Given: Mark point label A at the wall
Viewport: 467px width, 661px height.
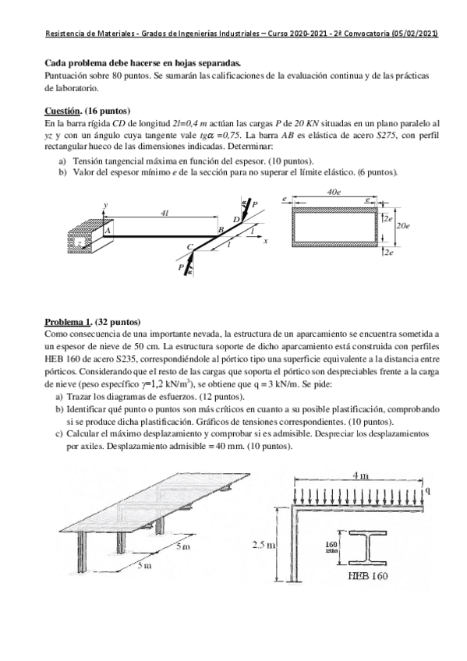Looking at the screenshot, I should tap(108, 230).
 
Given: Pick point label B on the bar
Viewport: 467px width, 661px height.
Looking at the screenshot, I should tap(221, 229).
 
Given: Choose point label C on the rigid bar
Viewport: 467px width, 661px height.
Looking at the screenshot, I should tap(189, 247).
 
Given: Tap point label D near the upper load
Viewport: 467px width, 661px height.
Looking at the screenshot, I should tap(236, 219).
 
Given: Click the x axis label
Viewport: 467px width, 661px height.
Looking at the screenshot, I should tap(265, 241).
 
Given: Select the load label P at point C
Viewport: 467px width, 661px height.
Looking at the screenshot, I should tap(181, 267).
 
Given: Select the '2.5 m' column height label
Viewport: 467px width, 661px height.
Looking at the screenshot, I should tap(264, 545).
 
